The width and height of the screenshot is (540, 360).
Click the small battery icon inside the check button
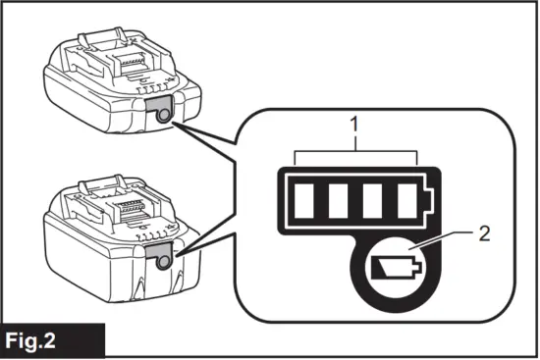coord(394,265)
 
